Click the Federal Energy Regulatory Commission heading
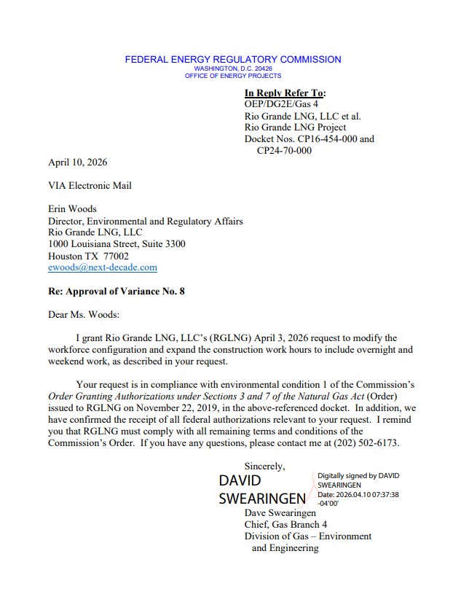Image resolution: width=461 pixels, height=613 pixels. (x=232, y=59)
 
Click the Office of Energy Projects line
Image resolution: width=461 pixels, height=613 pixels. (x=232, y=76)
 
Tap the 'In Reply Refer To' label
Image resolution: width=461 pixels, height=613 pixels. (x=285, y=93)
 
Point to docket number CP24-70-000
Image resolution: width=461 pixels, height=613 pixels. (x=284, y=150)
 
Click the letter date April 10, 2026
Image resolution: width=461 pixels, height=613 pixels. (x=77, y=162)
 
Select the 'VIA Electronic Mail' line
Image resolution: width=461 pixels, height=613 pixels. (x=90, y=185)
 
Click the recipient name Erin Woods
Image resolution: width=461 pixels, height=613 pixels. (x=72, y=208)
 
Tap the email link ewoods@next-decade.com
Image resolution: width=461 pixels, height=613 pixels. (x=103, y=268)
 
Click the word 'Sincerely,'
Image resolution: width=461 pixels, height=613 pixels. (x=265, y=466)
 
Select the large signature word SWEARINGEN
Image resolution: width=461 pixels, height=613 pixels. (x=262, y=499)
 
